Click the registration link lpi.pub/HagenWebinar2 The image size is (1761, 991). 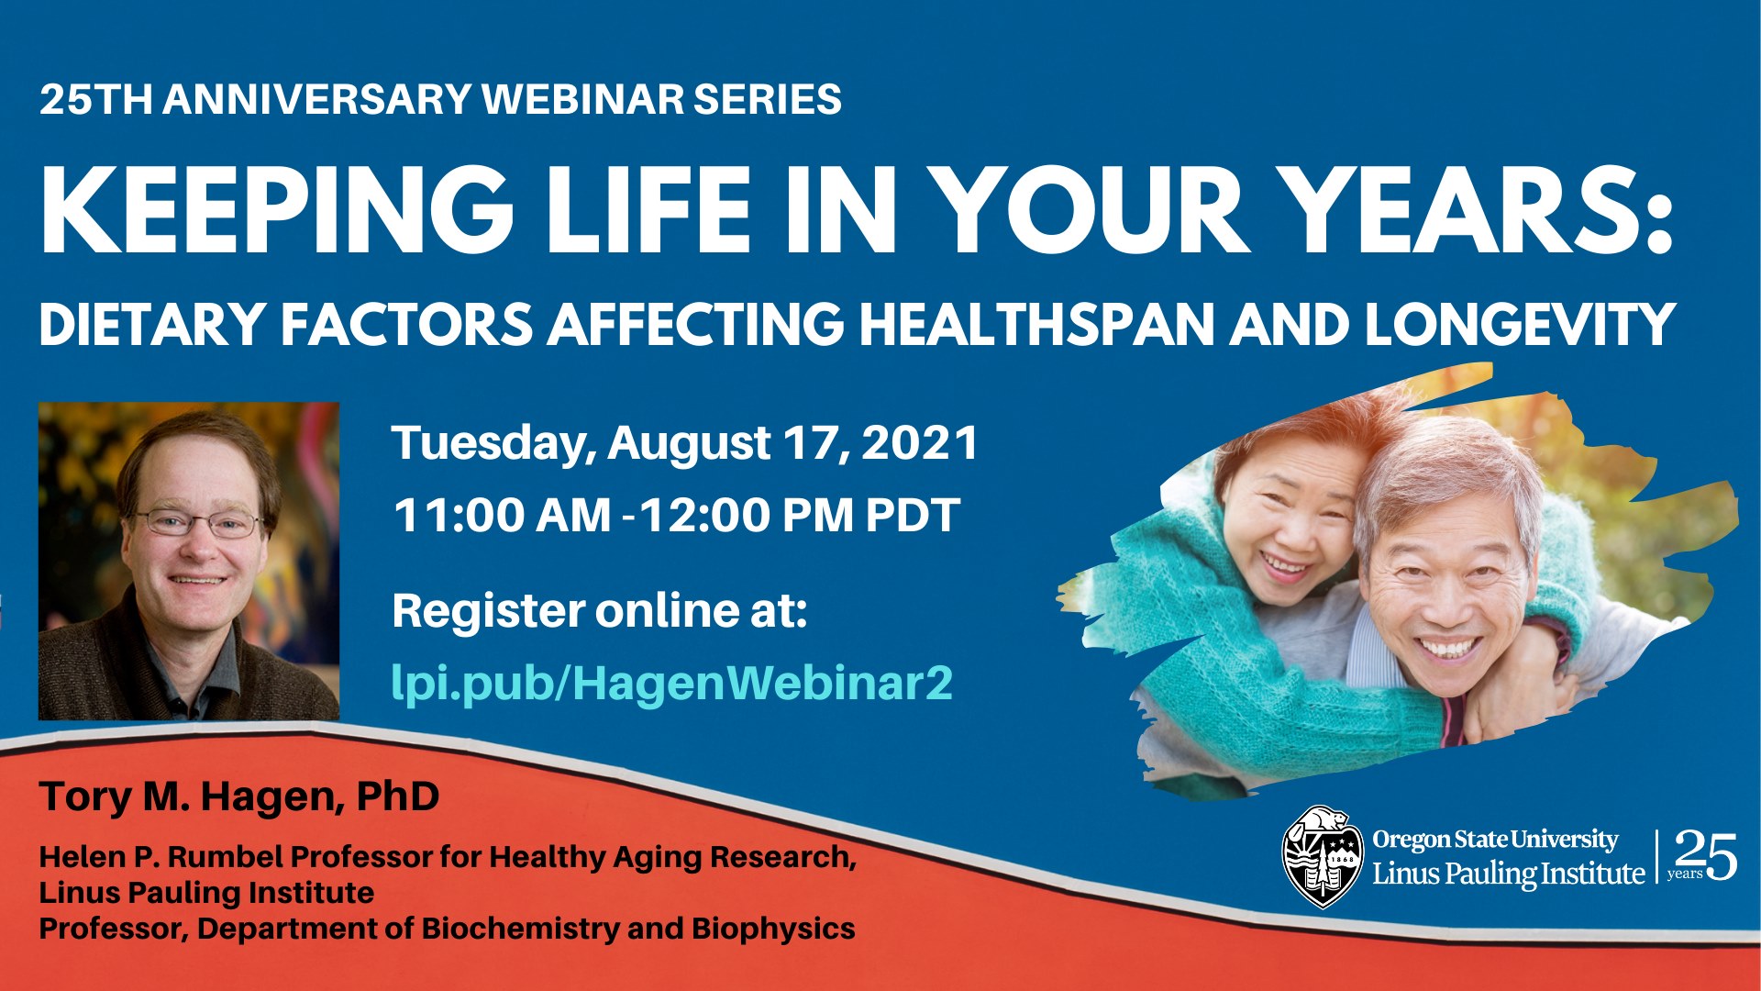(x=672, y=684)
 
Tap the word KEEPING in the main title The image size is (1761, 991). (x=276, y=210)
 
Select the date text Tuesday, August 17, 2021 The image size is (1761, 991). (x=686, y=443)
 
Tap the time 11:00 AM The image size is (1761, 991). (x=502, y=515)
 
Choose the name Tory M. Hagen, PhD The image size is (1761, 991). (x=239, y=796)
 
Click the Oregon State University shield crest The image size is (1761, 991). (x=1321, y=857)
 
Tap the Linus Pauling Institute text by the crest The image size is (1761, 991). (x=1508, y=874)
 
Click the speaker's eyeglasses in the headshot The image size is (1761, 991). (x=198, y=523)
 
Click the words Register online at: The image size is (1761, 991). (x=600, y=611)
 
